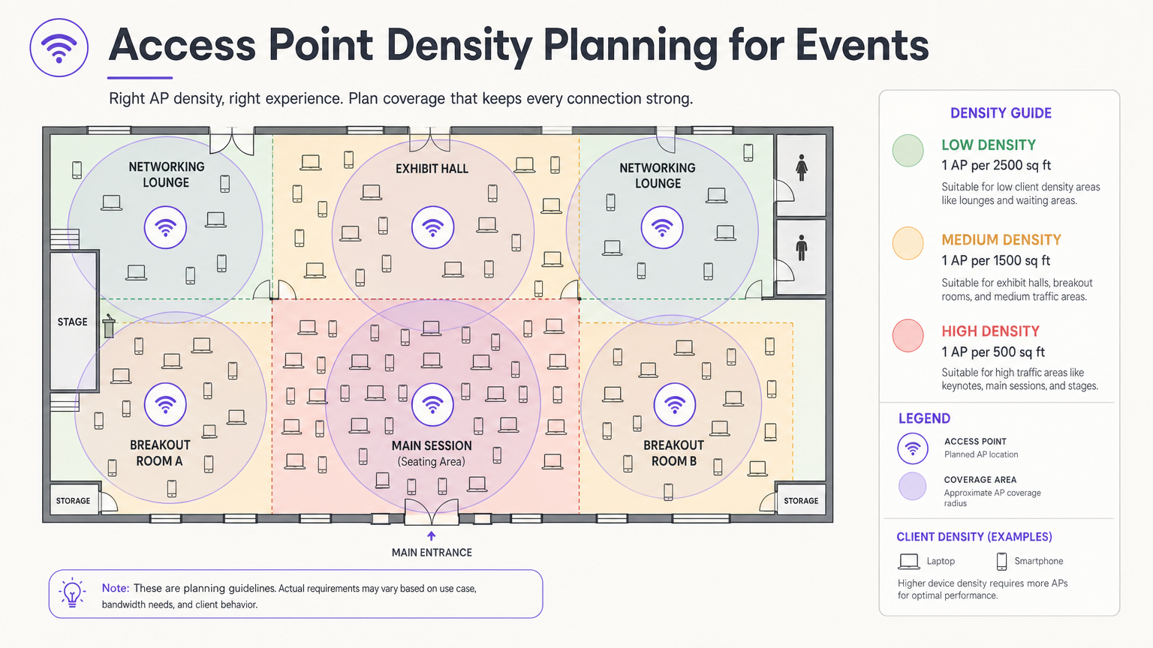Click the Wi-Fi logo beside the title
(59, 47)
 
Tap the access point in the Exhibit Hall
(432, 227)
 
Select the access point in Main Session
(432, 405)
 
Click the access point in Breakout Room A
(165, 404)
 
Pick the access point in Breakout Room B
(675, 405)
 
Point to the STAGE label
(73, 322)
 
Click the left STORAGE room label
(73, 501)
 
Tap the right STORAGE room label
(801, 501)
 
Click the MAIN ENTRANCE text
(432, 553)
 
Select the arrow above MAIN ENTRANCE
(432, 535)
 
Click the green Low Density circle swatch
(908, 151)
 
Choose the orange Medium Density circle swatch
(908, 244)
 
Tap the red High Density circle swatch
(908, 336)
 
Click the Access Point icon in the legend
(912, 448)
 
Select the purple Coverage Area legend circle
(912, 486)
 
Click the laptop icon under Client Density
(909, 561)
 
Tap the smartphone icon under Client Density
(1001, 561)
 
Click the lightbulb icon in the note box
(72, 593)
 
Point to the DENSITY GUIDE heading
(1001, 113)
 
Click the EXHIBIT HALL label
(432, 169)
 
